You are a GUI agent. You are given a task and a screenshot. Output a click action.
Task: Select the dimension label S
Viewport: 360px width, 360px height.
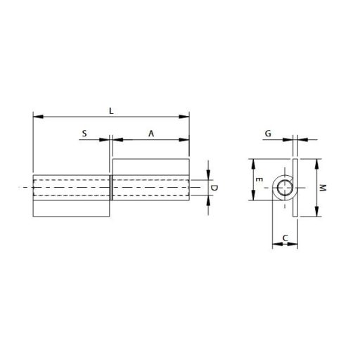coord(84,132)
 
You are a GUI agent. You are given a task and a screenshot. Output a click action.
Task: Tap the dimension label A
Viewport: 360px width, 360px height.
coord(151,132)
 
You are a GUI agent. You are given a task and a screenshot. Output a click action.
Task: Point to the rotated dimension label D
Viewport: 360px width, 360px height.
coord(215,188)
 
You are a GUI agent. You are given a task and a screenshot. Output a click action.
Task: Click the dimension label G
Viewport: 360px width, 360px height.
coord(268,132)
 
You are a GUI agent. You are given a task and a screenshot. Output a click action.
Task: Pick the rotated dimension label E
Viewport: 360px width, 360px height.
coord(260,180)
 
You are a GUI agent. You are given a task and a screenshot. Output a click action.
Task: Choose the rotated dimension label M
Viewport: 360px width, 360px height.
coord(323,188)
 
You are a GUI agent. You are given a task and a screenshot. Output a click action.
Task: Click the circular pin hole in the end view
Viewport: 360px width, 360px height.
coord(284,187)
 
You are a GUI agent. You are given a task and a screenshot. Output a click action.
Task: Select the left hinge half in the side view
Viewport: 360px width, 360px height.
coord(70,196)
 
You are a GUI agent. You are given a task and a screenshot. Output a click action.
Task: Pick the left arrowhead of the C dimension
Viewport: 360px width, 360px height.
coord(275,244)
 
